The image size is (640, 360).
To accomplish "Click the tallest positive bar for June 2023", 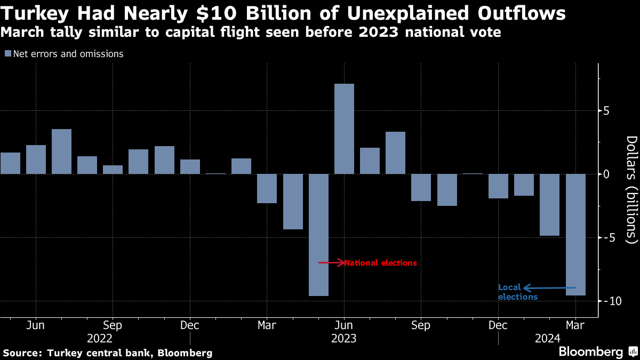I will [x=344, y=129].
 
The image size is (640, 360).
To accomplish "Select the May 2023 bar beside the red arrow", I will [x=318, y=235].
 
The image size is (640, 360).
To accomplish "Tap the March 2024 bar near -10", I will [x=575, y=235].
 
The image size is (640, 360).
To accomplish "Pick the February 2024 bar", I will [x=550, y=205].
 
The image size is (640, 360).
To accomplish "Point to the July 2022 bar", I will [x=61, y=151].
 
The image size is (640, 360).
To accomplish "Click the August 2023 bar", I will [x=395, y=153].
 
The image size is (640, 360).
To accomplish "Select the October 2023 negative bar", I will [x=447, y=190].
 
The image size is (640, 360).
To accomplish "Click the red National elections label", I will [x=380, y=263].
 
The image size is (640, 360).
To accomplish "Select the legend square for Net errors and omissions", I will [x=8, y=54].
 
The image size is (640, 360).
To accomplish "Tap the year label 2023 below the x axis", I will [x=344, y=338].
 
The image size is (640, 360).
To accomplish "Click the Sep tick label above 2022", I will [x=112, y=325].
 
